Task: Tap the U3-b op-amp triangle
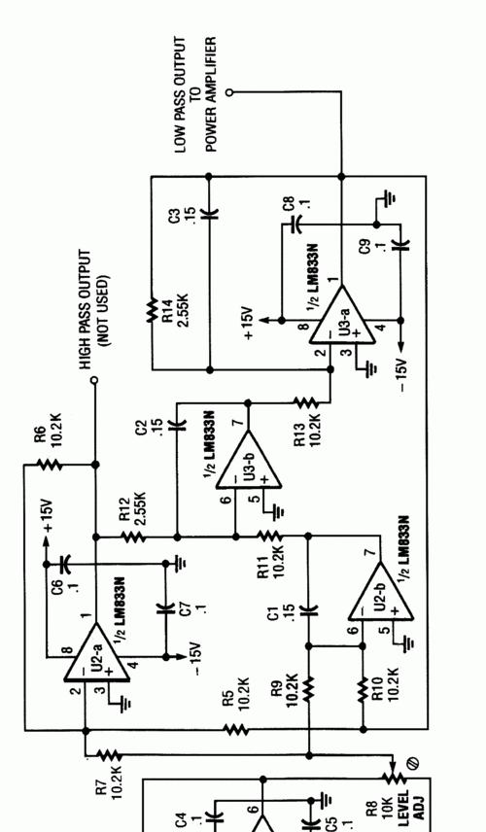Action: point(248,460)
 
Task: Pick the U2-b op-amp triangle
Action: point(380,592)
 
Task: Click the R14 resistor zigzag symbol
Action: point(152,308)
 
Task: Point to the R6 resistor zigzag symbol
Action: point(51,465)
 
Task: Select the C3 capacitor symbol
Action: point(209,215)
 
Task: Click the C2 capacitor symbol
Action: point(177,425)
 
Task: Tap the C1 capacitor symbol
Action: point(308,610)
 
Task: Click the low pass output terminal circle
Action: point(229,92)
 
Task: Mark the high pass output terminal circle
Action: point(94,380)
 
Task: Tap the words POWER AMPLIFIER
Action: point(211,94)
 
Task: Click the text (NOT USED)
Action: point(104,310)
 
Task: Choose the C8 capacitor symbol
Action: point(295,225)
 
